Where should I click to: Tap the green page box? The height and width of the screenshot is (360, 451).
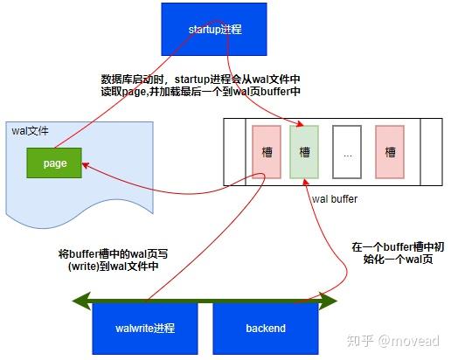(55, 163)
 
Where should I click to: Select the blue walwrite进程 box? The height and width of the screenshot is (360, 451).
(144, 329)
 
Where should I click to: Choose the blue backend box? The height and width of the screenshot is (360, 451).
(266, 329)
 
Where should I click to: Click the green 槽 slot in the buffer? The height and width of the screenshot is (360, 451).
(304, 151)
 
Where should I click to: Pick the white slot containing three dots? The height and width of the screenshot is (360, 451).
(347, 151)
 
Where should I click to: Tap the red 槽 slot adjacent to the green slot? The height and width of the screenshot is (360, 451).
(267, 151)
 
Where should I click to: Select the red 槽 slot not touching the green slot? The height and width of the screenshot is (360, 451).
(390, 151)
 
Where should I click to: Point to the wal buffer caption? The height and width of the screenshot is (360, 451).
(334, 199)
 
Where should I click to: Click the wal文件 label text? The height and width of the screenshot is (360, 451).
(30, 130)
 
